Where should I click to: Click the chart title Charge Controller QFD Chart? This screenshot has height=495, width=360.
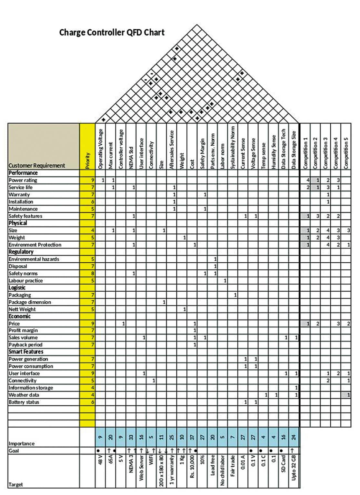(x=112, y=33)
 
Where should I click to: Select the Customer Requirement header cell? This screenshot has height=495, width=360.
(x=37, y=166)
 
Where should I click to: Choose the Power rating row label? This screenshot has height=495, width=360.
(x=23, y=180)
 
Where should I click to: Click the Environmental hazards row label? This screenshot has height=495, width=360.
(x=34, y=259)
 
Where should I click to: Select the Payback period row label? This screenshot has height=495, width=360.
(x=25, y=345)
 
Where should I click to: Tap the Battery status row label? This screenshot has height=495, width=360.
(x=24, y=402)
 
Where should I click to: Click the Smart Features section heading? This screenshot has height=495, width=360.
(x=26, y=352)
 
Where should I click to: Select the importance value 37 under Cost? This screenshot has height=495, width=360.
(x=192, y=437)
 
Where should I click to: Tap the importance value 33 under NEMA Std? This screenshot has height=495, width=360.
(x=131, y=437)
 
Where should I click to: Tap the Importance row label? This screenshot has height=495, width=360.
(x=22, y=443)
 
